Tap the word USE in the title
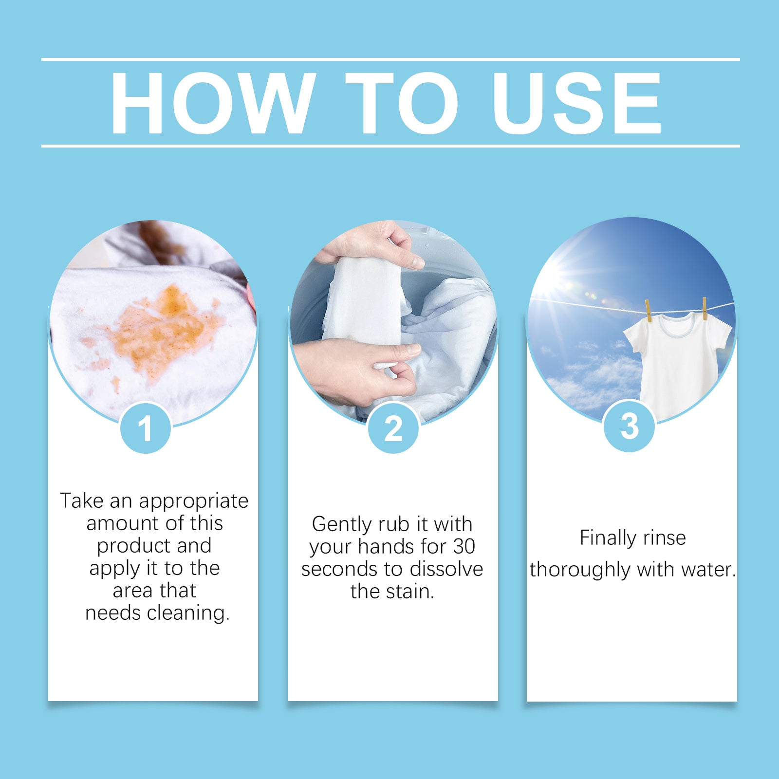pyautogui.click(x=577, y=103)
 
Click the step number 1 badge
pyautogui.click(x=145, y=428)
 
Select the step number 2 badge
pyautogui.click(x=393, y=428)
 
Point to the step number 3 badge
pyautogui.click(x=629, y=427)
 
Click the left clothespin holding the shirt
pyautogui.click(x=648, y=310)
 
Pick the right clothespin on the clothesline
pyautogui.click(x=705, y=308)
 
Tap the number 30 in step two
pyautogui.click(x=464, y=546)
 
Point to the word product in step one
pyautogui.click(x=133, y=546)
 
